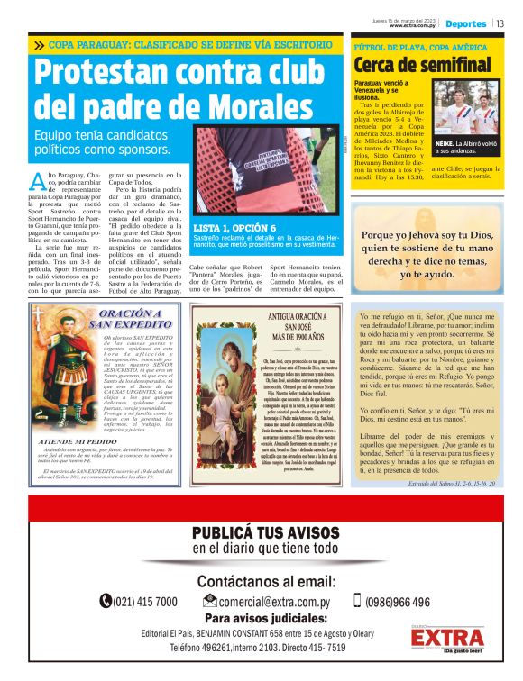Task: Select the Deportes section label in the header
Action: [x=466, y=23]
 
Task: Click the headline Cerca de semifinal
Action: [x=422, y=65]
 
